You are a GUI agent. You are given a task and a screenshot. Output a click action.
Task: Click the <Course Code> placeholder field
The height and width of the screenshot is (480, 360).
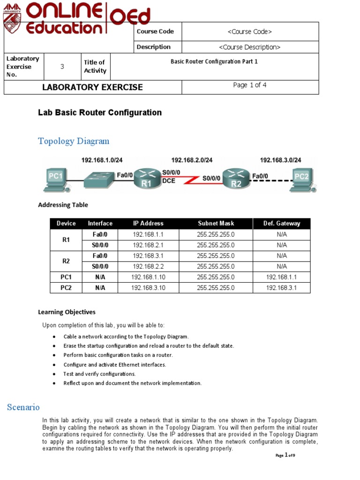[250, 31]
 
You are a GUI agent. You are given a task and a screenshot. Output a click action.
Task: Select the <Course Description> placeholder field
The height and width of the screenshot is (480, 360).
[250, 47]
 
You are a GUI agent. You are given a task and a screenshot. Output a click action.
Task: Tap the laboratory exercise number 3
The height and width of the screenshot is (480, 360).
[62, 67]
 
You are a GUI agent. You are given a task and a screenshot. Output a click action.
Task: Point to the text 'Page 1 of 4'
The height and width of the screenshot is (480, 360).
[250, 85]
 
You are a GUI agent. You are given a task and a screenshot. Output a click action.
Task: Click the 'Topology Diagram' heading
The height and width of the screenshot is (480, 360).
[74, 141]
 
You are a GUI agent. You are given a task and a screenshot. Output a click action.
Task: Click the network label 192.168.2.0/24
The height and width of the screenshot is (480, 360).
[192, 160]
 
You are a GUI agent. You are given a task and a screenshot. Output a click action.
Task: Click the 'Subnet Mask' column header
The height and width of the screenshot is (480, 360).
[216, 224]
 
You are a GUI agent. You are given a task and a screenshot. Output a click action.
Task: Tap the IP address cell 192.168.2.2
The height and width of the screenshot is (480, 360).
[148, 266]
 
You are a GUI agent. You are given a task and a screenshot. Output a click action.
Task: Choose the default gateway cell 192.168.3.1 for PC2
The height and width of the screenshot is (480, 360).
[281, 288]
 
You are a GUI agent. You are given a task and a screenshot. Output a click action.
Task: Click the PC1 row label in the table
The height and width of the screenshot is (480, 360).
[66, 277]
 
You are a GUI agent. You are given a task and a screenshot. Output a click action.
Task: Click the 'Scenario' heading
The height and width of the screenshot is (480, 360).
[23, 407]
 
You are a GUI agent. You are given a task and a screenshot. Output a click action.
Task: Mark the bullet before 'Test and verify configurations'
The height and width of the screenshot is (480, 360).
[55, 374]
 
